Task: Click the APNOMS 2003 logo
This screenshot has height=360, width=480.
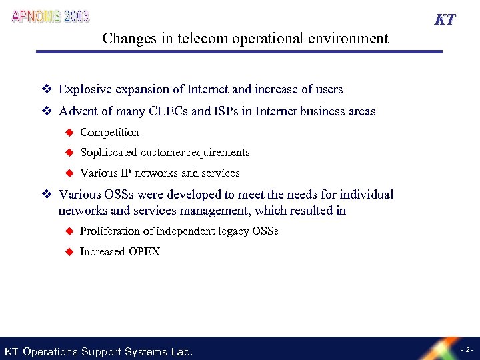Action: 51,17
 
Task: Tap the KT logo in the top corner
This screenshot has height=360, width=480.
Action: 445,19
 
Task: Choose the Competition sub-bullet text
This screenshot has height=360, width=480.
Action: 109,133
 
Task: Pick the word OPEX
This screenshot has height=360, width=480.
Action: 146,252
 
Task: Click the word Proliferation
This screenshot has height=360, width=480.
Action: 109,231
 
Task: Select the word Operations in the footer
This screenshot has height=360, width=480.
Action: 50,351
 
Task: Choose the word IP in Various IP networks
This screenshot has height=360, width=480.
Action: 125,173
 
